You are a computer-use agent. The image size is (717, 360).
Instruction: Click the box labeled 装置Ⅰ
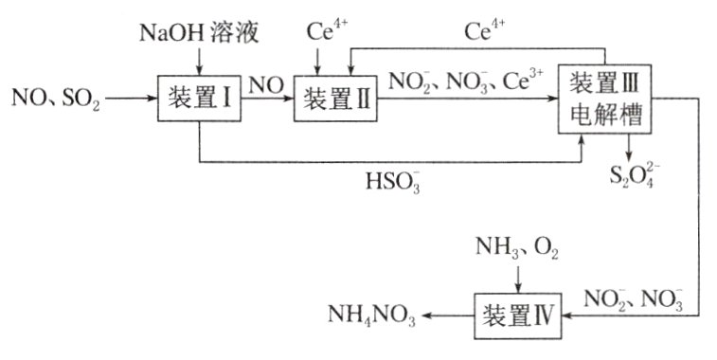click(x=199, y=98)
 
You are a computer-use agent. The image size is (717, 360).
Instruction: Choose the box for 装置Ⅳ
click(x=517, y=315)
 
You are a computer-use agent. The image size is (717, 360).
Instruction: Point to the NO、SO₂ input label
click(x=55, y=98)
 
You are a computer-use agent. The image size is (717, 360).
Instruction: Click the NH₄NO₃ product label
click(x=371, y=315)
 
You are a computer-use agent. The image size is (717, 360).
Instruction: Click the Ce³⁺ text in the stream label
click(x=526, y=81)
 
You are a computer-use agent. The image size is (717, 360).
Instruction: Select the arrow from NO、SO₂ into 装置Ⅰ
click(x=133, y=97)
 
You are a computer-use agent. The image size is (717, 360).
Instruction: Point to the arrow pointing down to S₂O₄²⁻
click(x=629, y=144)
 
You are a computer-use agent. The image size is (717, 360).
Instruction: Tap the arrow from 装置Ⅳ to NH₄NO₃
click(x=447, y=315)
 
